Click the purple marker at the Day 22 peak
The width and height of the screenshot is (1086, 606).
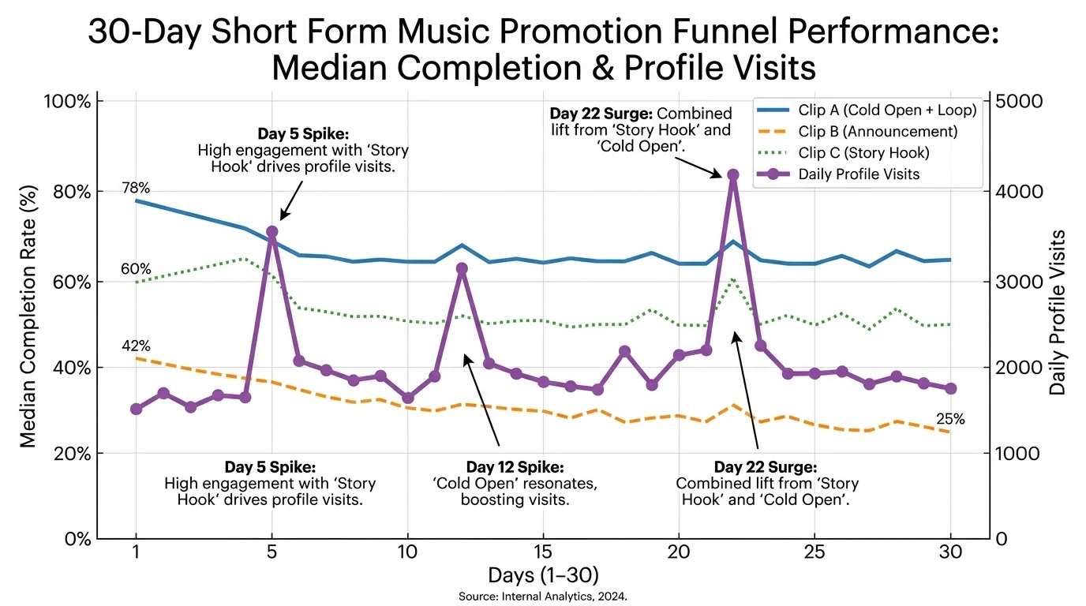pyautogui.click(x=733, y=174)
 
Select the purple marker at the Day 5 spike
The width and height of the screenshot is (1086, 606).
pyautogui.click(x=272, y=232)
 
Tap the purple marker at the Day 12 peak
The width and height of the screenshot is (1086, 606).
pyautogui.click(x=462, y=268)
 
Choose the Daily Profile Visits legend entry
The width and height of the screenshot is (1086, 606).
pyautogui.click(x=859, y=174)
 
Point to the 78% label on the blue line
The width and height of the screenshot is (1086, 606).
pyautogui.click(x=136, y=188)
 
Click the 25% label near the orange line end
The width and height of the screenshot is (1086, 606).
pyautogui.click(x=950, y=419)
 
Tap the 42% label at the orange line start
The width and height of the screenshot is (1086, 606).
pyautogui.click(x=136, y=346)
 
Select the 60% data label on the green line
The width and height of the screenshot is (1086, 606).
pyautogui.click(x=136, y=269)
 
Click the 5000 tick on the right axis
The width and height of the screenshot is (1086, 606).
pyautogui.click(x=1020, y=102)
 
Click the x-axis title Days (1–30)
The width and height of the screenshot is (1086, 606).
pyautogui.click(x=543, y=574)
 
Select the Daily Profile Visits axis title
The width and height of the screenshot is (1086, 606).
pyautogui.click(x=1058, y=312)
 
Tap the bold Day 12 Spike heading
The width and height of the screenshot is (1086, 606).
pyautogui.click(x=515, y=466)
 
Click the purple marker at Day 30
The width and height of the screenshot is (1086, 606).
pyautogui.click(x=950, y=388)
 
